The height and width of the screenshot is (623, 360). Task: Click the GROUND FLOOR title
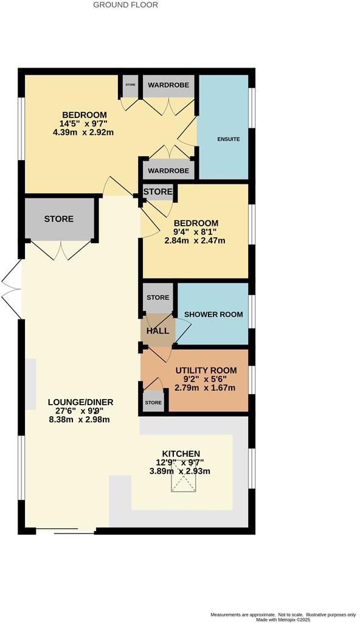pyautogui.click(x=125, y=5)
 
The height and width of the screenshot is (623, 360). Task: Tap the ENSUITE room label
pyautogui.click(x=229, y=139)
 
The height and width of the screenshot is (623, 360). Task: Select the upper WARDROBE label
pyautogui.click(x=169, y=85)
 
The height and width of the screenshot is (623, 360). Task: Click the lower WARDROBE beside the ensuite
pyautogui.click(x=169, y=171)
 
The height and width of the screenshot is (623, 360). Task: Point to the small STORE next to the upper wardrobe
pyautogui.click(x=130, y=85)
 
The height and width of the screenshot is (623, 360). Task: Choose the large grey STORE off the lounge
pyautogui.click(x=58, y=219)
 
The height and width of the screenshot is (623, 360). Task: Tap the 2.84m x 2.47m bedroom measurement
pyautogui.click(x=195, y=240)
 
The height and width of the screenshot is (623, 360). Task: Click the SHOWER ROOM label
pyautogui.click(x=213, y=315)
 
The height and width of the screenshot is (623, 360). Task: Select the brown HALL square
pyautogui.click(x=157, y=331)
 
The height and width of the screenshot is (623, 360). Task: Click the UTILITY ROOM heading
pyautogui.click(x=206, y=370)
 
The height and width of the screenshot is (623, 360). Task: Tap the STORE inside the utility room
pyautogui.click(x=153, y=403)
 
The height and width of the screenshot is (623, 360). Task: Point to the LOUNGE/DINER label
pyautogui.click(x=81, y=402)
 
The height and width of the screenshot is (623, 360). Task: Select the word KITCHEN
pyautogui.click(x=181, y=454)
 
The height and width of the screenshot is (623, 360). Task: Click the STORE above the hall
pyautogui.click(x=157, y=298)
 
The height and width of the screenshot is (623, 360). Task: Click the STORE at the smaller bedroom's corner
pyautogui.click(x=157, y=192)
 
